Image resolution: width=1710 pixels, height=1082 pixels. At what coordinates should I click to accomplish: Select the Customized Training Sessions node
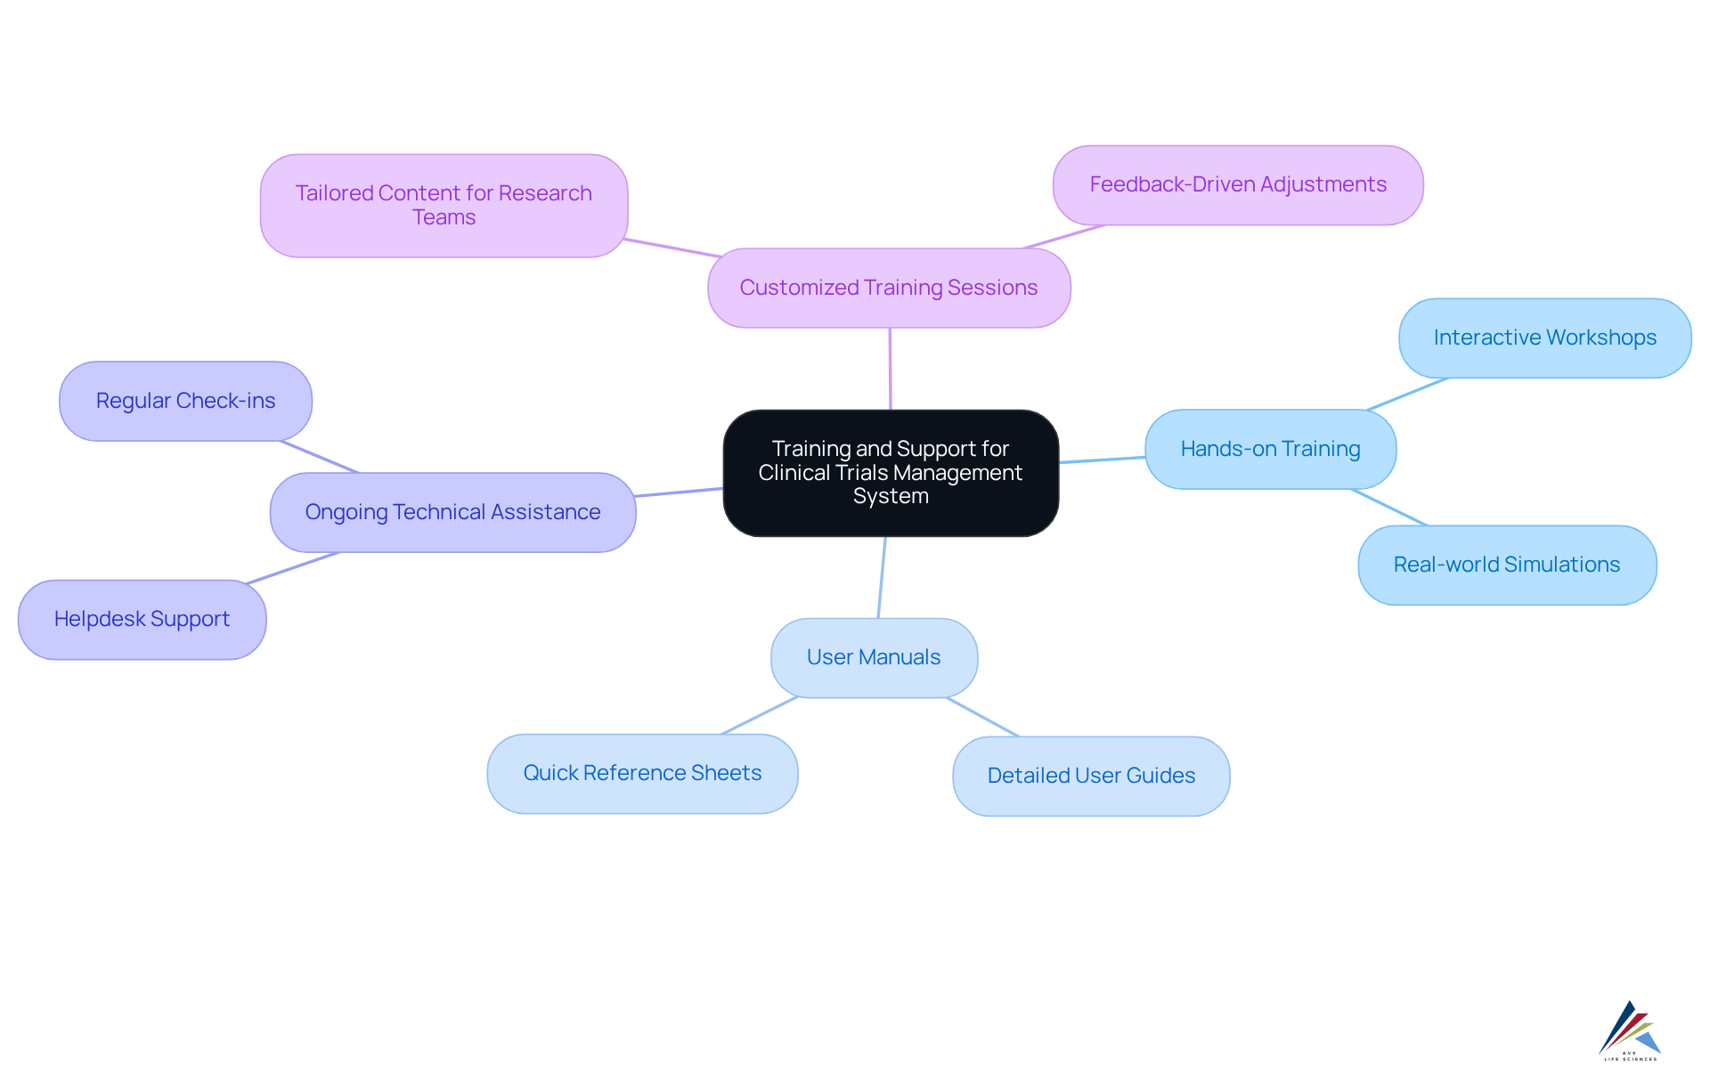click(889, 288)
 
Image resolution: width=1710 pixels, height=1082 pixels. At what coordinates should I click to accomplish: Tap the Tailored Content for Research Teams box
click(444, 206)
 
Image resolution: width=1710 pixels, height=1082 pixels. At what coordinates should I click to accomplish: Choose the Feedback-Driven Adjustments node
click(1238, 185)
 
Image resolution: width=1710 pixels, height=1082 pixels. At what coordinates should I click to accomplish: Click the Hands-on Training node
click(1270, 449)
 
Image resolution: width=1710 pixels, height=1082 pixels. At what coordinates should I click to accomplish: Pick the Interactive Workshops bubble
click(1544, 338)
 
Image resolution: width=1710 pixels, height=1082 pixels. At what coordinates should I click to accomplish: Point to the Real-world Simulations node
click(1506, 565)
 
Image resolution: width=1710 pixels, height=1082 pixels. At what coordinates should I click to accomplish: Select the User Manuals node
click(874, 657)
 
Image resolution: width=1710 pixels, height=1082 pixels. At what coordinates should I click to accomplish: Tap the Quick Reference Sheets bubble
click(642, 773)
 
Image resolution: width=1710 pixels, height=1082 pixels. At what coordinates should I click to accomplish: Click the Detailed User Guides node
click(1091, 776)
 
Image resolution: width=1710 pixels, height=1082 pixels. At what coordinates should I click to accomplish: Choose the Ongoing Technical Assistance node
click(452, 512)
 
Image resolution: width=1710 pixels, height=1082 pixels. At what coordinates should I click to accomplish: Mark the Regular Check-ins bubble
click(185, 401)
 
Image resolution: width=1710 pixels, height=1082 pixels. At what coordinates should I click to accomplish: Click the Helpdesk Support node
click(142, 619)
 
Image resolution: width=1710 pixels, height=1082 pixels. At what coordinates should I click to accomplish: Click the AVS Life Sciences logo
click(1630, 1031)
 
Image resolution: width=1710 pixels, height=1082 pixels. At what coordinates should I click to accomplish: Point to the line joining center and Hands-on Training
click(1103, 460)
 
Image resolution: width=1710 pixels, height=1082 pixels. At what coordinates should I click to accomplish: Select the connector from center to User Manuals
click(882, 577)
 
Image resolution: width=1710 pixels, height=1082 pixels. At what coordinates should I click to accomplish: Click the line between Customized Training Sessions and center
click(890, 369)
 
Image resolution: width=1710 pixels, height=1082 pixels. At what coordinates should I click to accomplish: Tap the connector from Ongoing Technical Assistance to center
click(679, 492)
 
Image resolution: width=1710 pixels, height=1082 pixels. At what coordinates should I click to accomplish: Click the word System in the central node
click(891, 497)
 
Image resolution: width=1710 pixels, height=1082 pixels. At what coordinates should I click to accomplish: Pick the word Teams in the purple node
click(444, 218)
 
